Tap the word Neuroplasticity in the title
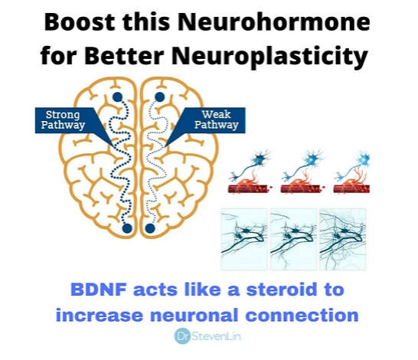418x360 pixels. [x=269, y=56]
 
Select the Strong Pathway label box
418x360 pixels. [x=63, y=120]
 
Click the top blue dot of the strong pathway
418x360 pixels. [x=117, y=97]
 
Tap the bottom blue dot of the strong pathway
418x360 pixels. [x=127, y=228]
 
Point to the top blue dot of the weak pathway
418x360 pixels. [x=159, y=97]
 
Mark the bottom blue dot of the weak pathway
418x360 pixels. [x=150, y=228]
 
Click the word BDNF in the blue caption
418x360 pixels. [x=98, y=290]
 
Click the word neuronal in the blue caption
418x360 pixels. [x=194, y=315]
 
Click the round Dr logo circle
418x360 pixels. [x=183, y=336]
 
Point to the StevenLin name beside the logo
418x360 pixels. [x=217, y=336]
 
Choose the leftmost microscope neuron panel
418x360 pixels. [x=244, y=240]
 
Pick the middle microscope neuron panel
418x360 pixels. [x=293, y=240]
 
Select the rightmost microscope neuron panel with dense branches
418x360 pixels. [x=343, y=240]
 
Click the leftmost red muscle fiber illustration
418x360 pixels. [x=250, y=188]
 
